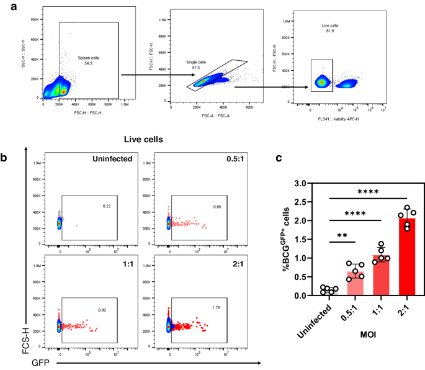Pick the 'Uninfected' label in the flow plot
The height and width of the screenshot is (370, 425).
click(113, 159)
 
